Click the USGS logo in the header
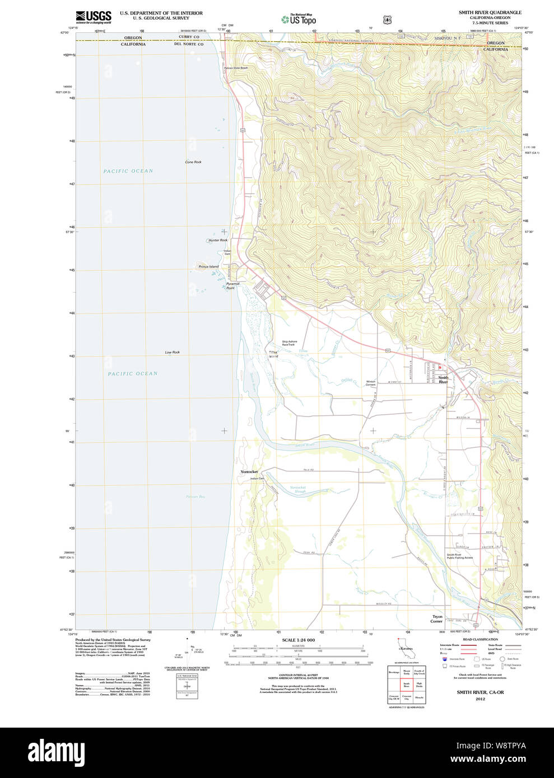[94, 16]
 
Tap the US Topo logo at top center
[299, 19]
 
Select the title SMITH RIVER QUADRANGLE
[490, 12]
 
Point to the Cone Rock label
[193, 162]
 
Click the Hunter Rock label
[218, 240]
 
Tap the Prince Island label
[208, 266]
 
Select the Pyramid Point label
[232, 285]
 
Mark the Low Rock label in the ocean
[172, 352]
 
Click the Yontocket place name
[249, 472]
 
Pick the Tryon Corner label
[437, 618]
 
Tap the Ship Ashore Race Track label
[289, 343]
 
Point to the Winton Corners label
[370, 383]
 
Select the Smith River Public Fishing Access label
[459, 556]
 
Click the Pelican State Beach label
[236, 68]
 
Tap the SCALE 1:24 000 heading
[298, 640]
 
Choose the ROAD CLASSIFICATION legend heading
[480, 639]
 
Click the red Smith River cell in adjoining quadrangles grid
[406, 684]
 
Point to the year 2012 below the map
[480, 699]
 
